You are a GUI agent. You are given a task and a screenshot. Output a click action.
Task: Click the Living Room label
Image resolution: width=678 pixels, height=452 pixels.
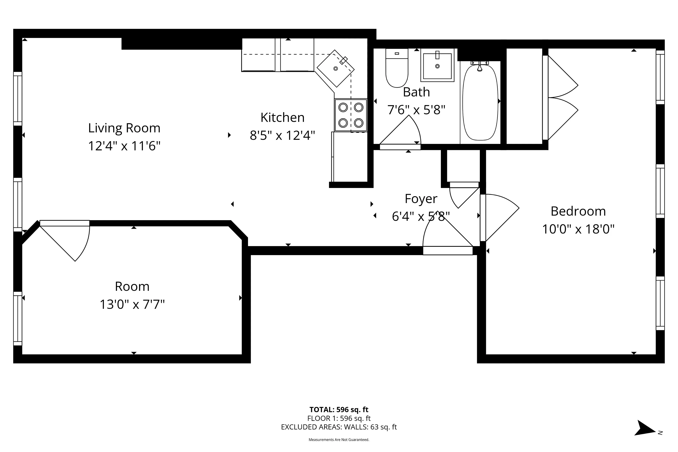124,128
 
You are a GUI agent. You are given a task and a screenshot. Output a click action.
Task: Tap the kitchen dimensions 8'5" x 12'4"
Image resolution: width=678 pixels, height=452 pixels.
282,135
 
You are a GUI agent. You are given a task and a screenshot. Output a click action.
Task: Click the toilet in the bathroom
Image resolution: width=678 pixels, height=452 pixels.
397,69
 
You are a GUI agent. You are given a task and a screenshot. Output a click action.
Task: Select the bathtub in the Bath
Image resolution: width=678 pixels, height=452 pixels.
480,102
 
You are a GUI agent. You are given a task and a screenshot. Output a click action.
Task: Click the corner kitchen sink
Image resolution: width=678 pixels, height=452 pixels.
335,68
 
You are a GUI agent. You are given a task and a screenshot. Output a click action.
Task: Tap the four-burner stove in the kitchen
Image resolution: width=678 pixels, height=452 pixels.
351,115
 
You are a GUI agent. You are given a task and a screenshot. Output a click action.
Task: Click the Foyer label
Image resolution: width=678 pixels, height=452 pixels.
421,199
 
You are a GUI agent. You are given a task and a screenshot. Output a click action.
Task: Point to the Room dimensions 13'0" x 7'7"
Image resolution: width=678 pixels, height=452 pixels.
132,304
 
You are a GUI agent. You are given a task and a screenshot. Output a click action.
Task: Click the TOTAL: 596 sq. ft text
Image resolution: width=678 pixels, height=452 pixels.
339,409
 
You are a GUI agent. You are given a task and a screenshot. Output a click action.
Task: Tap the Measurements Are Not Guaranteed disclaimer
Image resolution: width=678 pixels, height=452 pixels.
339,440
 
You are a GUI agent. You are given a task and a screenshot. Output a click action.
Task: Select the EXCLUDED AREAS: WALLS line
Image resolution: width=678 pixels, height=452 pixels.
339,427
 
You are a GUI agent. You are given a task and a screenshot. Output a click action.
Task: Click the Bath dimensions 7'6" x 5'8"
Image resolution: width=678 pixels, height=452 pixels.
416,110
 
